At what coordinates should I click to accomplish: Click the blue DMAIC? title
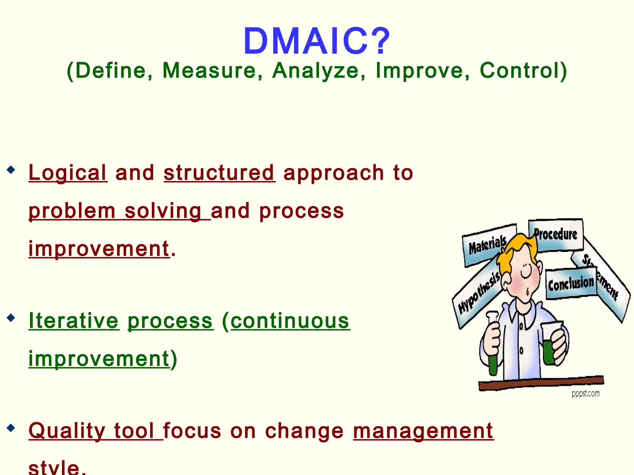tap(317, 41)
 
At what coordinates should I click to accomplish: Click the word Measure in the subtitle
tap(209, 71)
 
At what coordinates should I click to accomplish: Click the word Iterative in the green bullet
tap(74, 321)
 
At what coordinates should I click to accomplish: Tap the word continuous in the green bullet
tap(290, 321)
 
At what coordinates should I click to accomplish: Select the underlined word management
tap(423, 431)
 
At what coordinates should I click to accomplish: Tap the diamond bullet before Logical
tap(11, 170)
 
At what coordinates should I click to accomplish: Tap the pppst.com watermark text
tap(585, 394)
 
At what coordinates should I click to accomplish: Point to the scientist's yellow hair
tap(514, 247)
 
